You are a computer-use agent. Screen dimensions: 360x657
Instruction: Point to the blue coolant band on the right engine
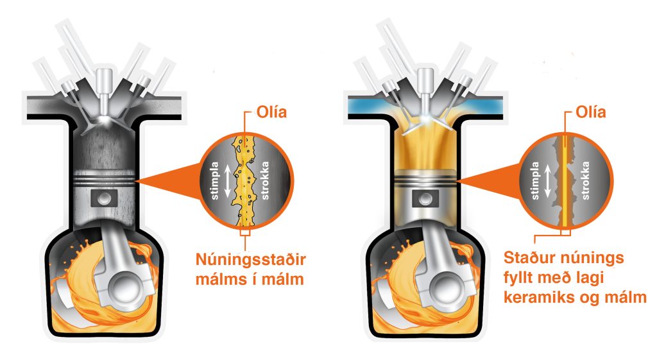coord(366,103)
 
